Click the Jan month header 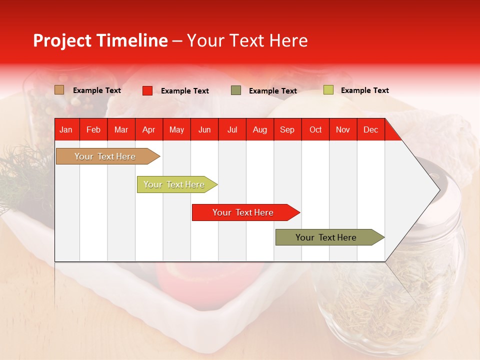pyautogui.click(x=66, y=129)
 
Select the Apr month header pyautogui.click(x=148, y=129)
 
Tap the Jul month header pyautogui.click(x=232, y=129)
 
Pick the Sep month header pyautogui.click(x=287, y=129)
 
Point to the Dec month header pyautogui.click(x=370, y=129)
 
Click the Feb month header pyautogui.click(x=93, y=129)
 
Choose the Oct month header pyautogui.click(x=315, y=129)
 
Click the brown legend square pyautogui.click(x=59, y=90)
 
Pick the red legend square pyautogui.click(x=147, y=90)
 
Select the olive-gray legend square pyautogui.click(x=236, y=90)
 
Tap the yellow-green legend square pyautogui.click(x=328, y=90)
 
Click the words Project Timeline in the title pyautogui.click(x=100, y=40)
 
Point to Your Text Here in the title pyautogui.click(x=247, y=40)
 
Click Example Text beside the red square pyautogui.click(x=184, y=91)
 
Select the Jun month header pyautogui.click(x=204, y=129)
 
